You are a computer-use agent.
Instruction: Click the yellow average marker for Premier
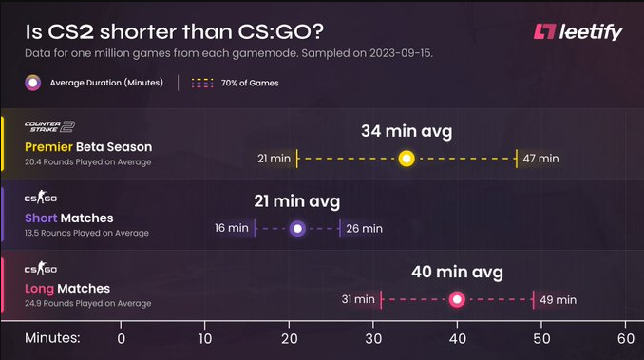click(x=407, y=159)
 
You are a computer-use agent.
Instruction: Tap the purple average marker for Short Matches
click(x=297, y=228)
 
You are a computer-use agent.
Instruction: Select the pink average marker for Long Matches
click(x=457, y=299)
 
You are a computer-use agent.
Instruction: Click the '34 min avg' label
click(x=406, y=130)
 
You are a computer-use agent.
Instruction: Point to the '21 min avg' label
click(x=297, y=201)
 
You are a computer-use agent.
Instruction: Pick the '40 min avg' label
click(x=457, y=272)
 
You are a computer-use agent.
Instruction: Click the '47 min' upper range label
click(x=540, y=159)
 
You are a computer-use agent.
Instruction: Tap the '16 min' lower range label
click(x=232, y=228)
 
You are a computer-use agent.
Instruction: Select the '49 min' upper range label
click(x=559, y=299)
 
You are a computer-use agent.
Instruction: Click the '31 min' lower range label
click(x=358, y=299)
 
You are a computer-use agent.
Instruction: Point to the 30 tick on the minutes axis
click(x=373, y=338)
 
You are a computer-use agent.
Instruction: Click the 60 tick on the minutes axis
click(x=625, y=338)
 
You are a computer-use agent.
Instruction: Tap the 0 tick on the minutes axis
click(x=121, y=338)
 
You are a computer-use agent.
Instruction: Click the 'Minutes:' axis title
click(x=53, y=338)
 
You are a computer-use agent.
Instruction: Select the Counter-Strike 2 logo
click(x=49, y=126)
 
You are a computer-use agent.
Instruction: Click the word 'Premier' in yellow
click(x=49, y=147)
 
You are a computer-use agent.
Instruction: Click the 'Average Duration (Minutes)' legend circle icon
click(x=33, y=83)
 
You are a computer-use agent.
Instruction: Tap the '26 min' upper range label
click(x=365, y=228)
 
